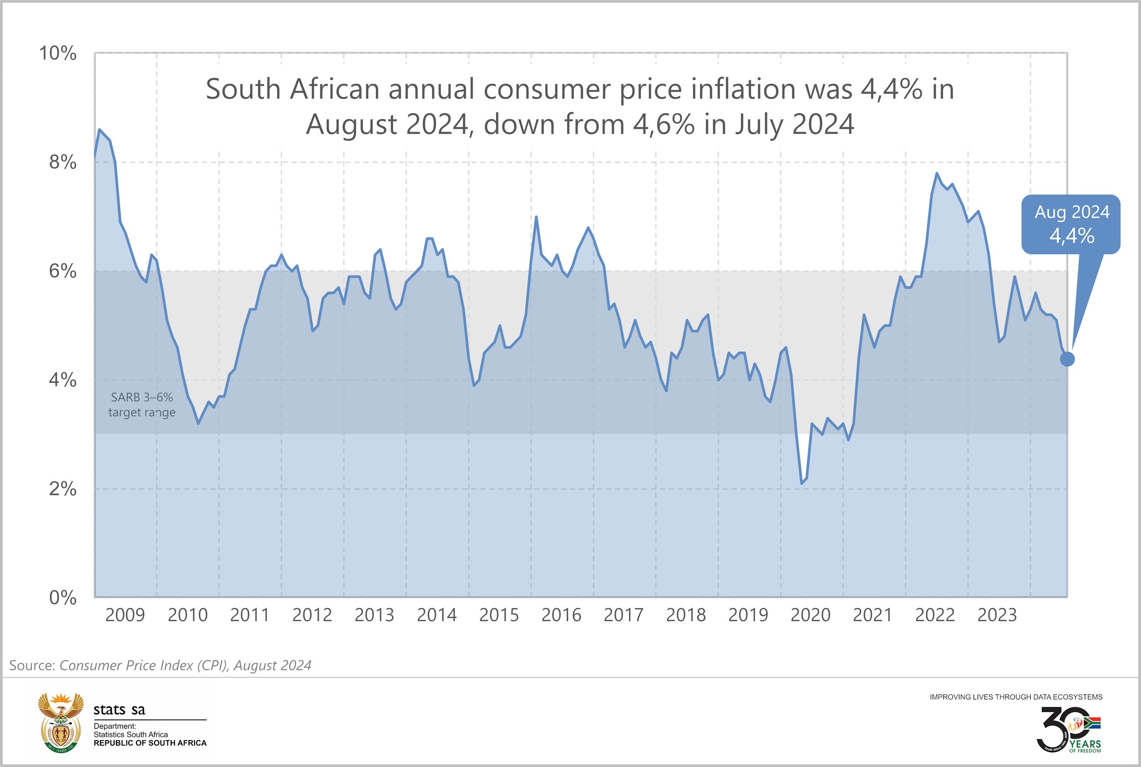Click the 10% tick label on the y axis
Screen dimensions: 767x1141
pos(58,53)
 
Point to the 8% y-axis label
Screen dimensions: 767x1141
pos(63,162)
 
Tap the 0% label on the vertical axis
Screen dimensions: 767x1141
pos(63,597)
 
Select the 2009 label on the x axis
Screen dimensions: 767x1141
pos(125,615)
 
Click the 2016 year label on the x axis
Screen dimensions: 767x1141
pos(561,615)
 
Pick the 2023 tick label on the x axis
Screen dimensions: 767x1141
pos(997,615)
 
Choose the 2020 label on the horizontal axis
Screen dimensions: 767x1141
pos(810,615)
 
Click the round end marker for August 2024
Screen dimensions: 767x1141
pos(1067,359)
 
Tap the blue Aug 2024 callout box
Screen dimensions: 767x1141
pos(1071,224)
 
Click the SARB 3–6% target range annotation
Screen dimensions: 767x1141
pos(142,405)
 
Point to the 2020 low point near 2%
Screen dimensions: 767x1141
pos(801,483)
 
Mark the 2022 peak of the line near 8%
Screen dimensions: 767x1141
pos(937,173)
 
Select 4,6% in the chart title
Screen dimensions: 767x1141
pos(664,124)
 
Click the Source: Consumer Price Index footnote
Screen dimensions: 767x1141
pos(160,665)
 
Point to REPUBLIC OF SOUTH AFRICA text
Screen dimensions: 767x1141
pos(150,743)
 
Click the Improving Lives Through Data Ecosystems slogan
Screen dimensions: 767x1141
pos(1016,697)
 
